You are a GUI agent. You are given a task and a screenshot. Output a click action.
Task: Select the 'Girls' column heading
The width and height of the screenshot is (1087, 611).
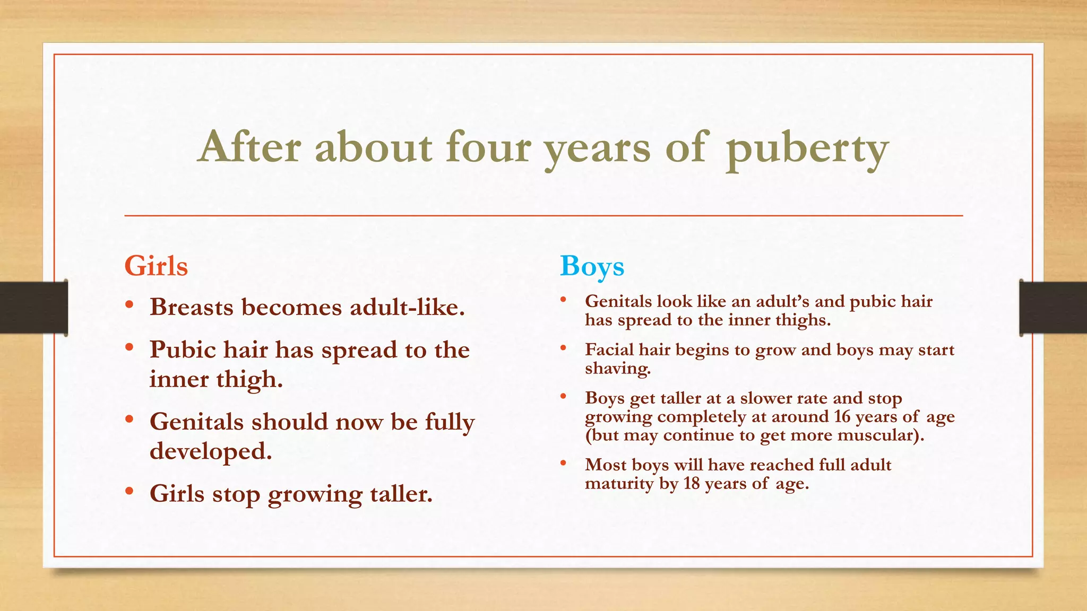click(156, 266)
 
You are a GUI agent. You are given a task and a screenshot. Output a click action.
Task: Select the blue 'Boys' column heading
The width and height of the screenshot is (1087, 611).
click(592, 266)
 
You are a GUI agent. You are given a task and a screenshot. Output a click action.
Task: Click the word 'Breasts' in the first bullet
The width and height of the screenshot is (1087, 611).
click(192, 307)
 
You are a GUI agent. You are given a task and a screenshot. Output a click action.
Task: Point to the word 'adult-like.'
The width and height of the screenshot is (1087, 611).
click(407, 307)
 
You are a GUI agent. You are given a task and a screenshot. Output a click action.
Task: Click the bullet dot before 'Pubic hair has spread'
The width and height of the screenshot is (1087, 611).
click(130, 348)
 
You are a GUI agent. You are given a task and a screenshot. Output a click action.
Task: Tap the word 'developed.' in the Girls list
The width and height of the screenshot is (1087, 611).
click(211, 451)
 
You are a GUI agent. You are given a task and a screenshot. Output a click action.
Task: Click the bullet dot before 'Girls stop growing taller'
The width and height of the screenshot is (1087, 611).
click(130, 492)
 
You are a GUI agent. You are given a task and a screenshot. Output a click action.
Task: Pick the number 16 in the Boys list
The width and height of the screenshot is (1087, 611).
click(842, 416)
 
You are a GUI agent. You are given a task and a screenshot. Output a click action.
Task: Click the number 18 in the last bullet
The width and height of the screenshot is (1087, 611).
click(692, 483)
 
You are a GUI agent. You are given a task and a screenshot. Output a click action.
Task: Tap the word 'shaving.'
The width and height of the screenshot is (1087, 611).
click(618, 368)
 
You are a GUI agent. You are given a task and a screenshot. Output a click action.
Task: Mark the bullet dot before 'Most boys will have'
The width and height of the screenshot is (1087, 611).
click(563, 464)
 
